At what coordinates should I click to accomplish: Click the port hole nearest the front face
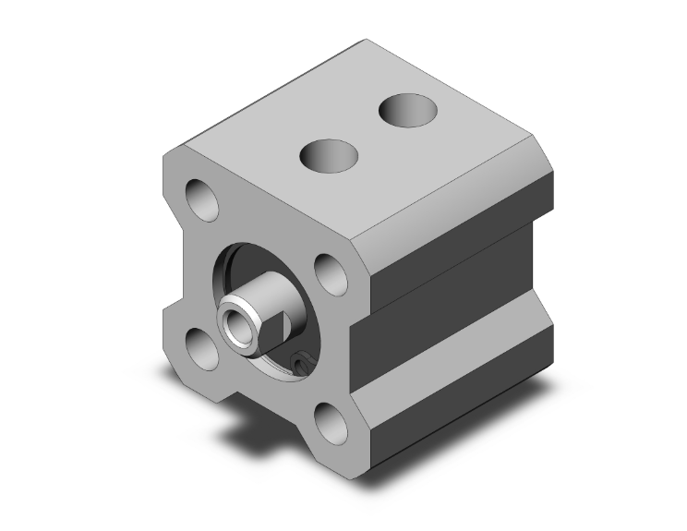[x=329, y=153]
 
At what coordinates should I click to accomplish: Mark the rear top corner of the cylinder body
[x=368, y=41]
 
